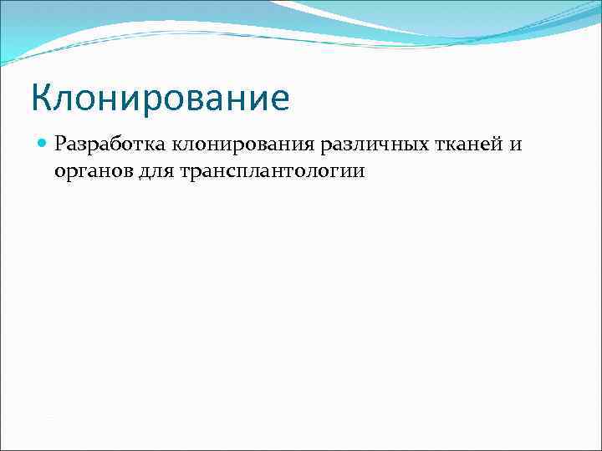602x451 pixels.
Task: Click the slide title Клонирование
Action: tap(160, 98)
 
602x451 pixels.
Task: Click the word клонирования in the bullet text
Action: tap(242, 145)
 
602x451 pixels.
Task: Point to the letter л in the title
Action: tap(67, 100)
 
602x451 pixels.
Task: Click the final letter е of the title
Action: tap(279, 100)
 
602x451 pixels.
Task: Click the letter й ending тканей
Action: tap(492, 145)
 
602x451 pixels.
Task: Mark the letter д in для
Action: tap(139, 173)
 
